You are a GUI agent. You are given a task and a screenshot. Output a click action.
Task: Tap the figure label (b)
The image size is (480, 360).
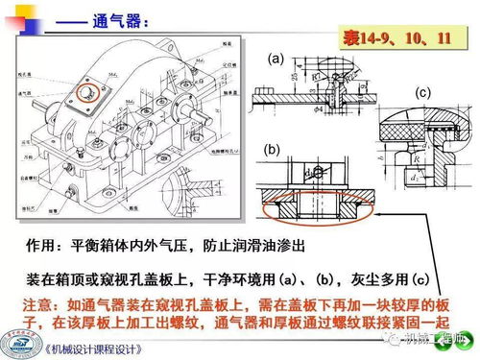pyautogui.click(x=272, y=150)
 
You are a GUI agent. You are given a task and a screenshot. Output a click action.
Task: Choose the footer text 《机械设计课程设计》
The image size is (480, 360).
pyautogui.click(x=102, y=348)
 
